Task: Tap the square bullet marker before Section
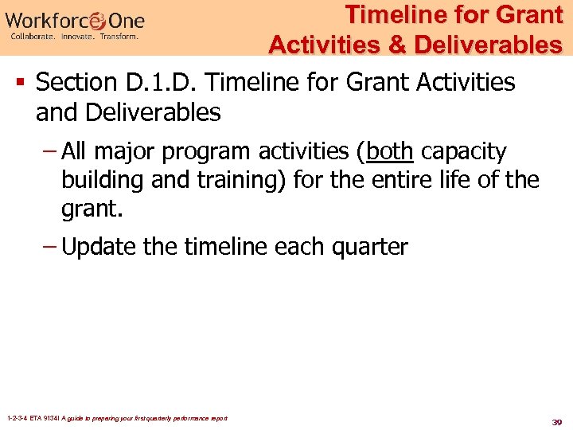coord(20,82)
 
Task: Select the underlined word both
coord(389,151)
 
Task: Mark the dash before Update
coord(49,247)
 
